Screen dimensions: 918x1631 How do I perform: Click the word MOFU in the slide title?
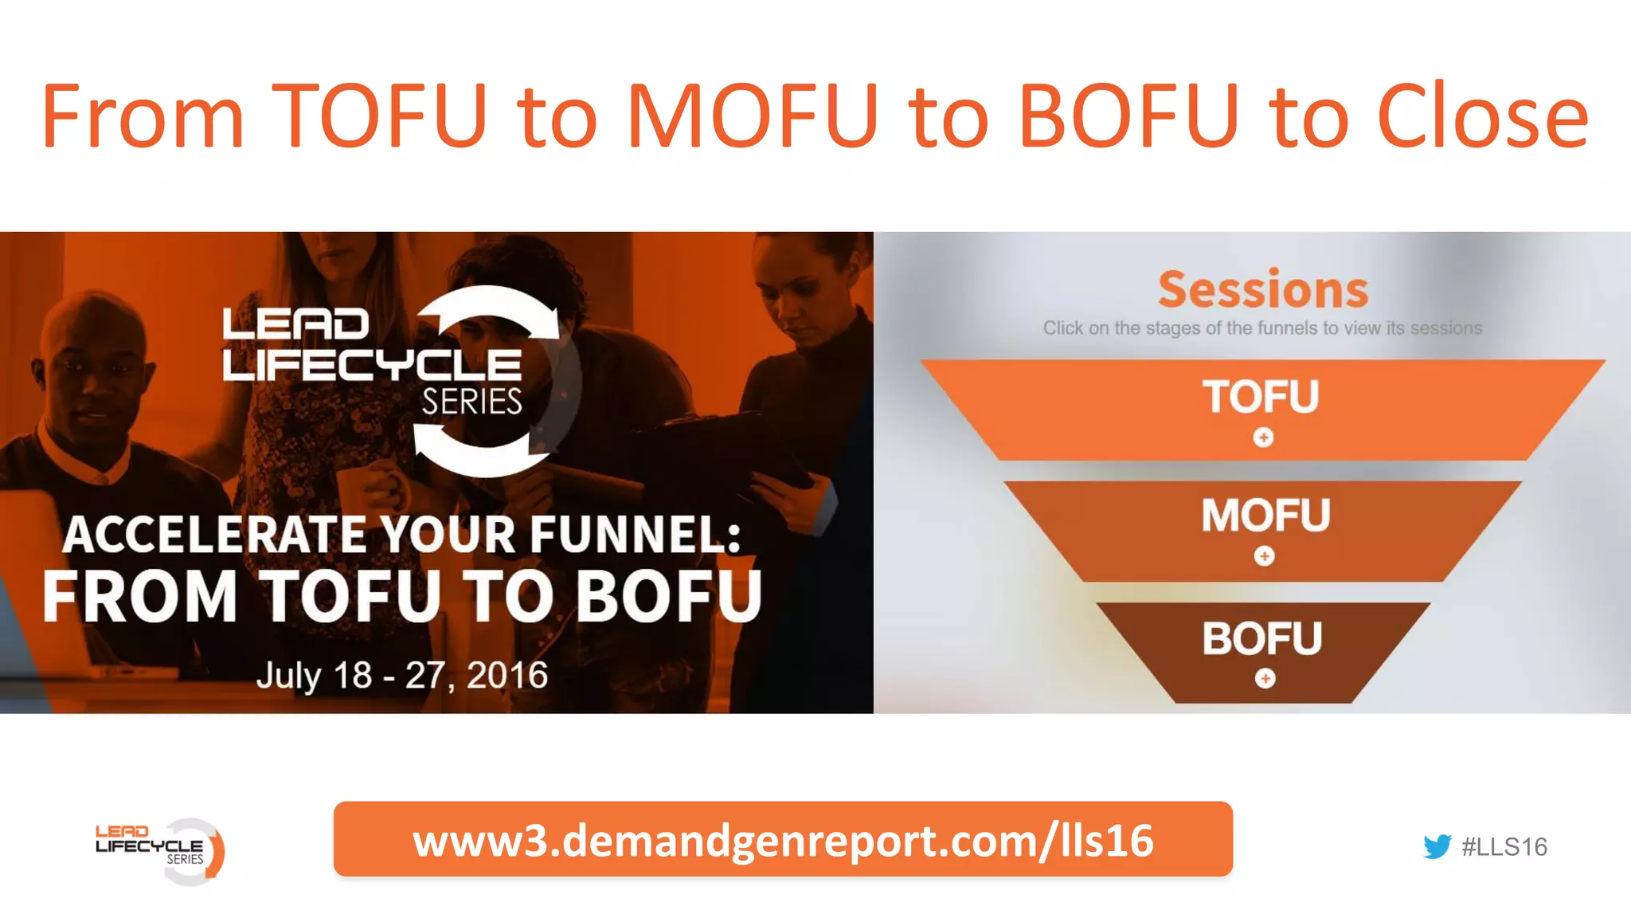pos(753,116)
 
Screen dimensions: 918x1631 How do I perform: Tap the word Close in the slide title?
pos(1482,116)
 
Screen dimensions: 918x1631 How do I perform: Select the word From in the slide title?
pos(143,116)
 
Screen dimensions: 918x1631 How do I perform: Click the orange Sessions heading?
pos(1263,289)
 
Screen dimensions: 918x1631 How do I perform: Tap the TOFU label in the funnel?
pos(1261,397)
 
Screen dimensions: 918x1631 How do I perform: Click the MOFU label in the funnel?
pos(1265,515)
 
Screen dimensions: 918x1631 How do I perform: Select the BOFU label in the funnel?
pos(1262,638)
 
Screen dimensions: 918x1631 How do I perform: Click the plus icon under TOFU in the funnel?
pos(1263,437)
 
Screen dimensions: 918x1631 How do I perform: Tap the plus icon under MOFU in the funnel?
pos(1264,555)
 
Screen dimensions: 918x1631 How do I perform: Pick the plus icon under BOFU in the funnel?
pos(1265,678)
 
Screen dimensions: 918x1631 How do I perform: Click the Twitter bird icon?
pos(1437,846)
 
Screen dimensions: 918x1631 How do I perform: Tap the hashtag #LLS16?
pos(1504,846)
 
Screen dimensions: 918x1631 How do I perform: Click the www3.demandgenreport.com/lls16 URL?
pos(783,840)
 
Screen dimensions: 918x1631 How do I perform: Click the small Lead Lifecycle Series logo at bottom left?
pos(159,849)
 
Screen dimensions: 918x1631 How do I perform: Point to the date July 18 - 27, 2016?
pos(402,676)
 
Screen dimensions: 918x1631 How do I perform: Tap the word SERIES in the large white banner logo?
pos(471,402)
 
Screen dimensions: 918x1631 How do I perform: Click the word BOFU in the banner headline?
pos(669,596)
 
